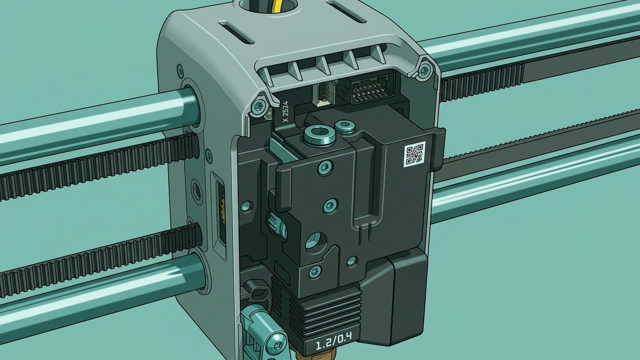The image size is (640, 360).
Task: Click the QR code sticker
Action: (414, 154)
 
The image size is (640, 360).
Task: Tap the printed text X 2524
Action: (286, 112)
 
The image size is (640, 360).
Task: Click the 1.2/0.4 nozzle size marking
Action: (333, 341)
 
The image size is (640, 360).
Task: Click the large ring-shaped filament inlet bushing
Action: (319, 135)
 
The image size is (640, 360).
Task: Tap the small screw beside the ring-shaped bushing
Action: (345, 126)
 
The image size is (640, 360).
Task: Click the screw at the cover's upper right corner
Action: (425, 68)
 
